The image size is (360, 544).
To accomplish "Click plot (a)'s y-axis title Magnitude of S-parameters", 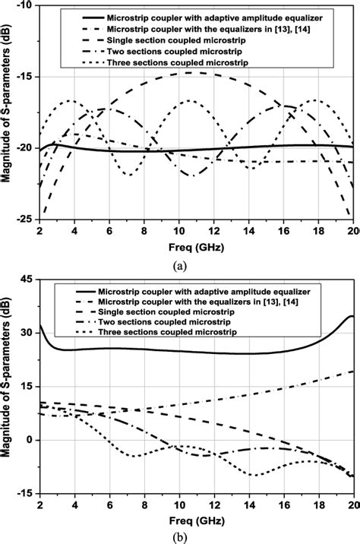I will point(10,112).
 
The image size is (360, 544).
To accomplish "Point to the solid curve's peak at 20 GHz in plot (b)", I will point(352,316).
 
